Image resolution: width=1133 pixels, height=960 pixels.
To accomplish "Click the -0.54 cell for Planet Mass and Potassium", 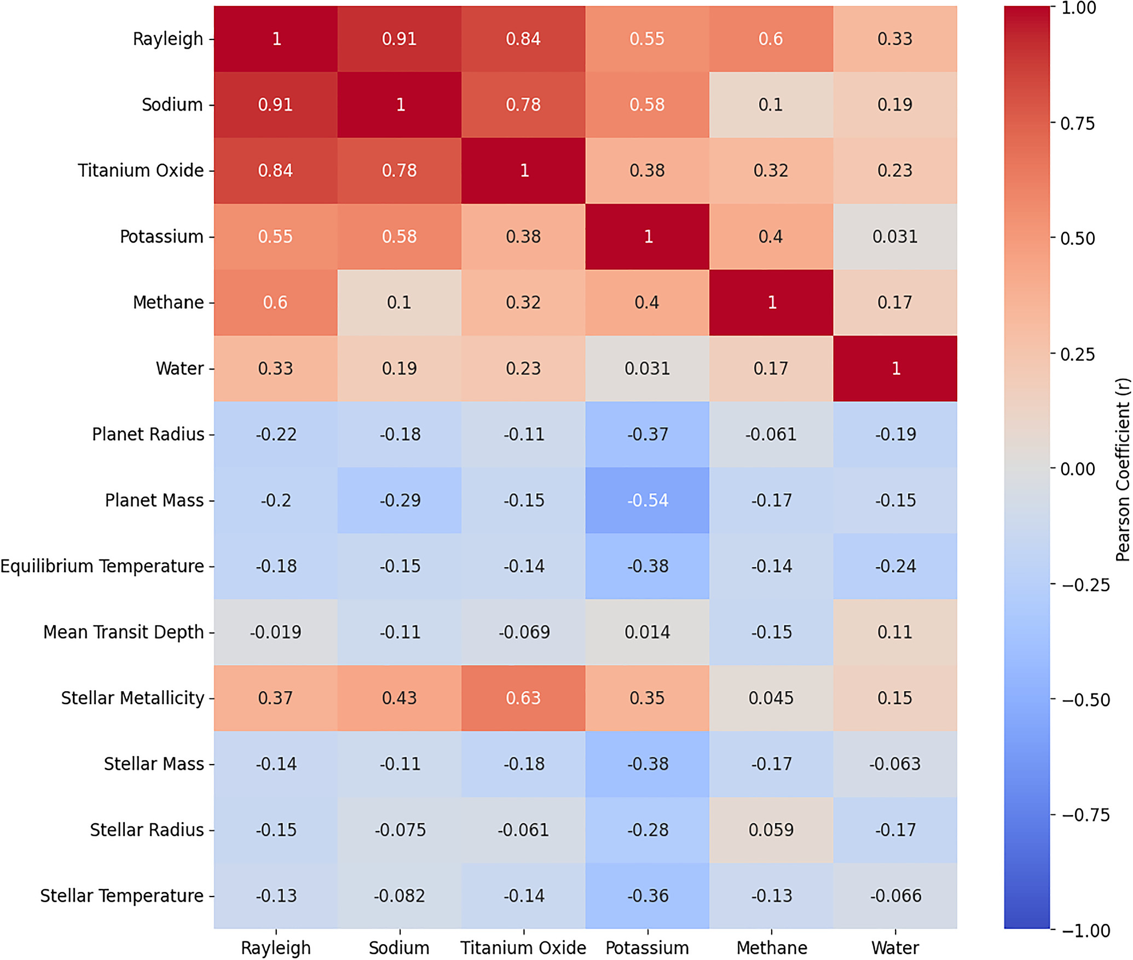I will (x=648, y=500).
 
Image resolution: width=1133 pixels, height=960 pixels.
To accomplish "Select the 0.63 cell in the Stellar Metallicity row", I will (x=523, y=698).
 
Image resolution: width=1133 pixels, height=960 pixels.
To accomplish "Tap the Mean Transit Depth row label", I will (x=124, y=632).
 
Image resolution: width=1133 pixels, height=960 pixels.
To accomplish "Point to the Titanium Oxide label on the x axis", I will (x=523, y=947).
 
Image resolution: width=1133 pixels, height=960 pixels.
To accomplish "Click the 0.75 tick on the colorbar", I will (x=1078, y=123).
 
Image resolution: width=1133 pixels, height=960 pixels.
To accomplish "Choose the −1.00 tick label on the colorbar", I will (x=1086, y=930).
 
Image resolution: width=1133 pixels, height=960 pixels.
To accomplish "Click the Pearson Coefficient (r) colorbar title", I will (x=1122, y=469).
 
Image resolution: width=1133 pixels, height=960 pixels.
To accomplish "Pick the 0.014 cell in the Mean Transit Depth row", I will (x=648, y=632).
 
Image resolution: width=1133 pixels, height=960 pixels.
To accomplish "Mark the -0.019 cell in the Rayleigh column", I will (x=276, y=632).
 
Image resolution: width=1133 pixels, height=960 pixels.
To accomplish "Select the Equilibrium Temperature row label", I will (x=102, y=566).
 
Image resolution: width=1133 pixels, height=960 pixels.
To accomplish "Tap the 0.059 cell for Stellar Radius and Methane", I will (x=771, y=830).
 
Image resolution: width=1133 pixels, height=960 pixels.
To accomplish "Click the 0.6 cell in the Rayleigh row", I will (x=771, y=39).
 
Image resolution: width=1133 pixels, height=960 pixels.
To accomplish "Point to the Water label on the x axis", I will (x=895, y=947).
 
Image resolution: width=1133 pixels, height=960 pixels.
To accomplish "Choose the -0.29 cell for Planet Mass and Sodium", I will (x=400, y=500).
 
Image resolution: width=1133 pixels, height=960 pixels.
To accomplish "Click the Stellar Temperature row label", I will (x=122, y=895).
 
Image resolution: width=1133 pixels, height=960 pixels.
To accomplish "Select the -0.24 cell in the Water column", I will (x=895, y=566).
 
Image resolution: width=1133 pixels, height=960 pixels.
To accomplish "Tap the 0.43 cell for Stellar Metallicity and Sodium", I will (x=400, y=698).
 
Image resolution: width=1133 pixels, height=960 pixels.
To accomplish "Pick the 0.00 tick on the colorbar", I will (x=1078, y=469).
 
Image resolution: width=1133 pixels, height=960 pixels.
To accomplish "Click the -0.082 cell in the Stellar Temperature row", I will (x=400, y=895).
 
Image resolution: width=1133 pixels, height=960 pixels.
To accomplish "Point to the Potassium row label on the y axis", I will (x=161, y=236).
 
